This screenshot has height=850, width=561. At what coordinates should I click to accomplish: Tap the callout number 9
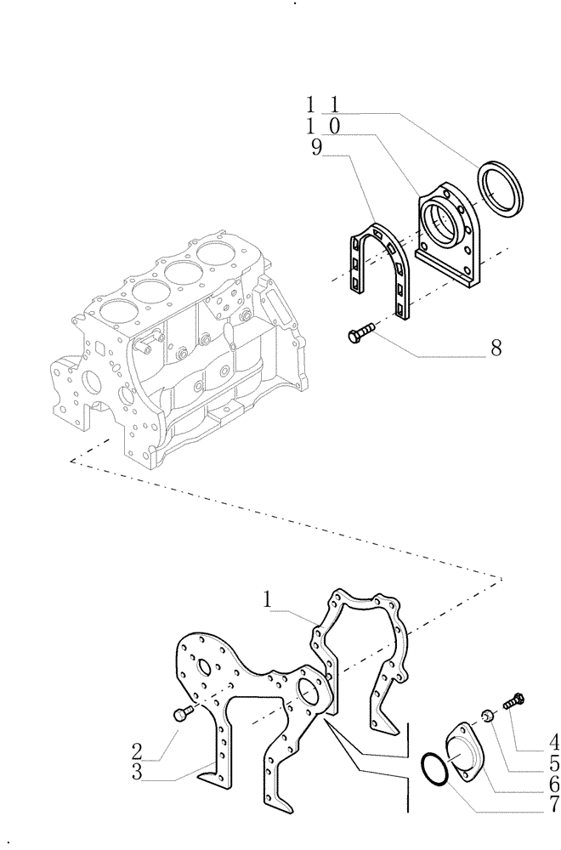[x=316, y=148]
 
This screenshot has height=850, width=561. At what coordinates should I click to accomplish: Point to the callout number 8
[x=496, y=348]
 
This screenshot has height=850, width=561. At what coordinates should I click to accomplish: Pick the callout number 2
[x=136, y=751]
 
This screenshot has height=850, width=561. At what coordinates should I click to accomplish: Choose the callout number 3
[x=136, y=772]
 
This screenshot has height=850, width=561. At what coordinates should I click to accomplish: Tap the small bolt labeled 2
[x=180, y=716]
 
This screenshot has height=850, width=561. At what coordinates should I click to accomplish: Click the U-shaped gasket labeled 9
[x=380, y=265]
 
